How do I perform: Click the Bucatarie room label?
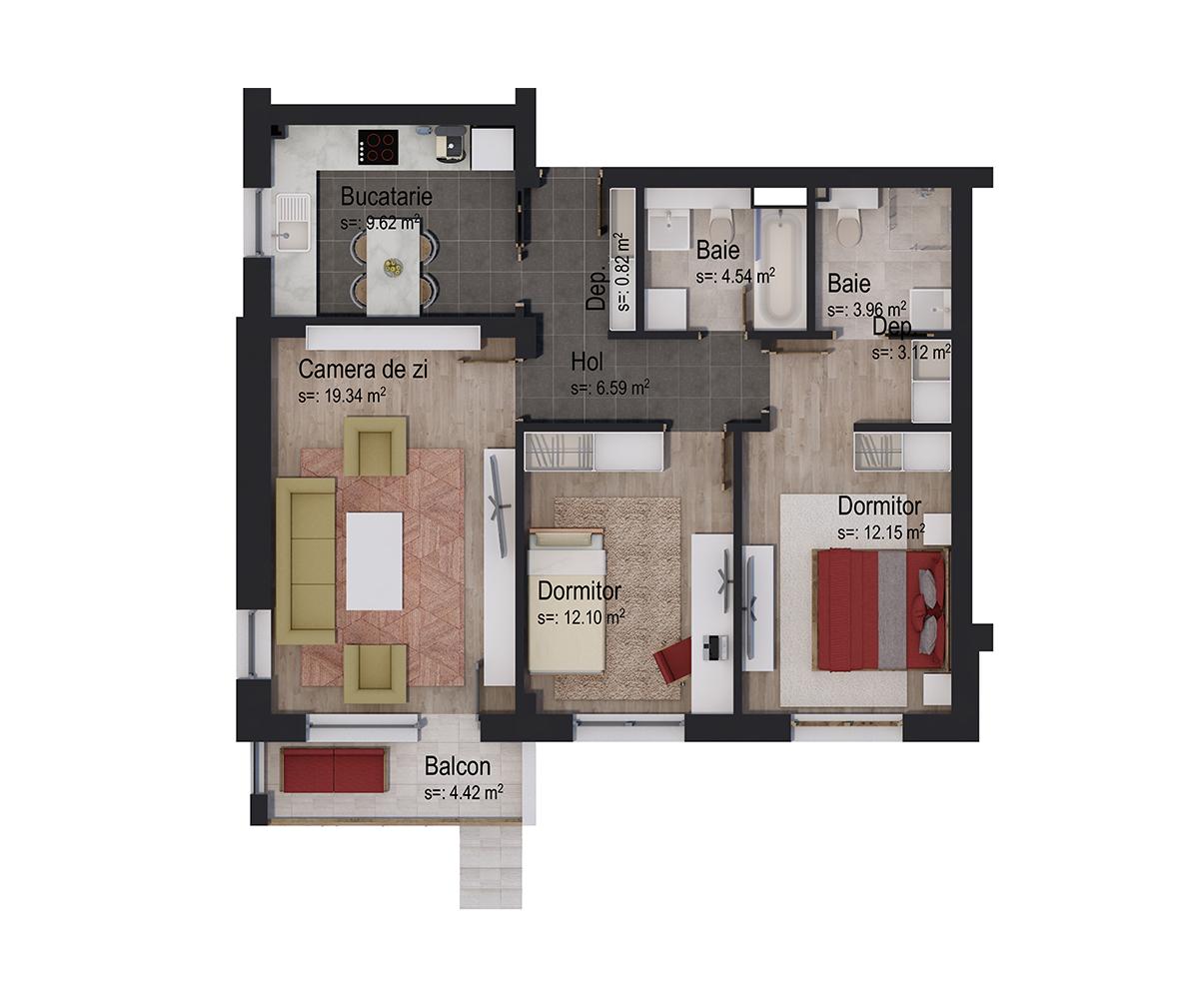pos(386,197)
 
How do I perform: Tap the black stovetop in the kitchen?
pos(378,147)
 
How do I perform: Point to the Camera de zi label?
pos(363,370)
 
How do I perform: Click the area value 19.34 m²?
pos(342,396)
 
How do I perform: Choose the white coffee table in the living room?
pos(375,560)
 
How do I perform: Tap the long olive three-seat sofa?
pos(306,560)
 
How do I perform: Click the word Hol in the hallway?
pos(587,362)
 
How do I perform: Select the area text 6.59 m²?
pos(610,388)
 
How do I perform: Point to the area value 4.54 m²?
pos(735,276)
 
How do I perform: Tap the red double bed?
pos(880,608)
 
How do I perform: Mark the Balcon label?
pos(458,767)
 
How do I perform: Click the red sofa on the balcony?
pos(334,770)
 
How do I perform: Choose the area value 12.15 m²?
pos(880,532)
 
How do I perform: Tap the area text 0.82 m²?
pos(624,270)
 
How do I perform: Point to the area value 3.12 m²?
pos(910,352)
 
